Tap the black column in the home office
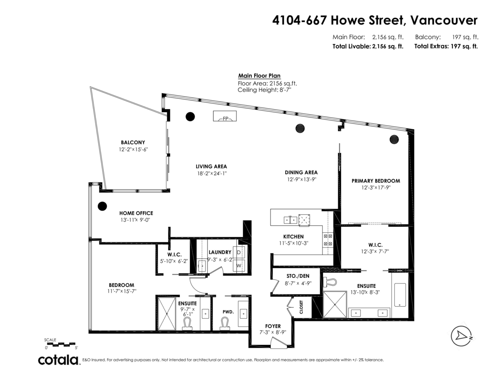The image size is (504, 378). point(102,206)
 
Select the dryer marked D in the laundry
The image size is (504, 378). point(239,252)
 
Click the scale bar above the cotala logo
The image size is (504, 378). point(60,344)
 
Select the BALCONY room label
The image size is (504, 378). point(133,142)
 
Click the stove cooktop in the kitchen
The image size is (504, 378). point(328,240)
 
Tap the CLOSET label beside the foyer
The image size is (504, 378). point(301,308)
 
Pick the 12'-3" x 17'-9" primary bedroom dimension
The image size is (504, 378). point(375,188)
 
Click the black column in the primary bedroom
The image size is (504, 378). point(394,139)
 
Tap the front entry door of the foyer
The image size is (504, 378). point(277,344)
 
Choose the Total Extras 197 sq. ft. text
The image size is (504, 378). point(446,47)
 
